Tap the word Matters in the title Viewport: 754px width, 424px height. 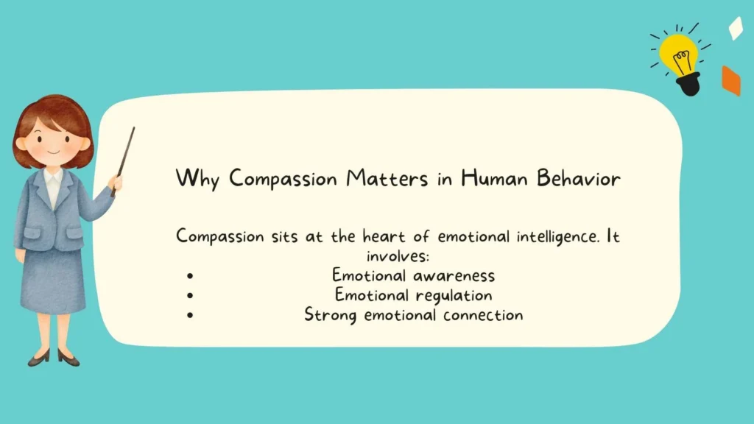[383, 179]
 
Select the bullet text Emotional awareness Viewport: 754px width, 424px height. [413, 276]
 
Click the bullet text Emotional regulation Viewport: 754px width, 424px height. [413, 295]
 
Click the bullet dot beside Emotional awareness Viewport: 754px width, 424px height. [190, 277]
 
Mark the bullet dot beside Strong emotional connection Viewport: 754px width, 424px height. [190, 316]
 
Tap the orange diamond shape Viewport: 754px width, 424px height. [730, 81]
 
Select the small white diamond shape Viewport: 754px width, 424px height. [735, 28]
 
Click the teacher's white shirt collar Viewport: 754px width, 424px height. [52, 179]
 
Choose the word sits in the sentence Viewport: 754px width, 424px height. [258, 237]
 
